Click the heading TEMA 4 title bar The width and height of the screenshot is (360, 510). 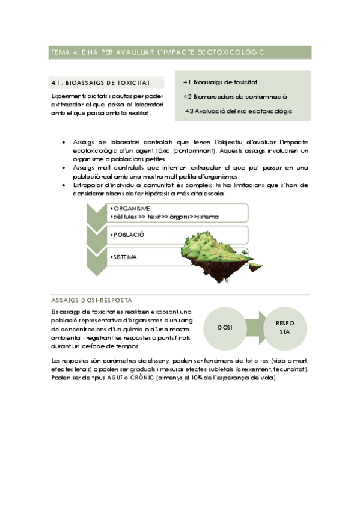(179, 52)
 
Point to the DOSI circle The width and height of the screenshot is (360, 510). (225, 327)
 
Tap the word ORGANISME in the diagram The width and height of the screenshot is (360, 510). (127, 209)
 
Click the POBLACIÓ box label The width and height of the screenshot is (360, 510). (128, 234)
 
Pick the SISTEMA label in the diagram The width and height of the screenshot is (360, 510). (124, 257)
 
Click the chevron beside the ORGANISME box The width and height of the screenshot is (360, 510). (96, 212)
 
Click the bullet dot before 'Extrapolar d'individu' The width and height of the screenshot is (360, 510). (64, 186)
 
